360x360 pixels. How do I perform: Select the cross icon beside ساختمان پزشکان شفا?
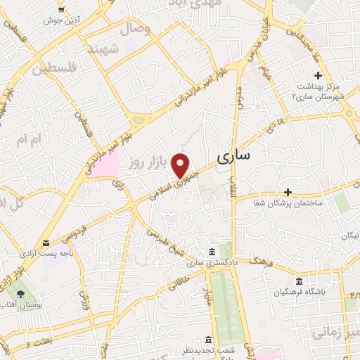coord(288,192)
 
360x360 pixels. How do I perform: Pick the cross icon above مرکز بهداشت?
coord(318,75)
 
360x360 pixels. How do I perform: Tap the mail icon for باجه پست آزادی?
coord(46,244)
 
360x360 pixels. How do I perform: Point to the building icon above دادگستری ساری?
coord(211,252)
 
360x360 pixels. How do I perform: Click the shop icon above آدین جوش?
coord(62,9)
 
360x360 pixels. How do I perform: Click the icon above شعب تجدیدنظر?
coord(209,340)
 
